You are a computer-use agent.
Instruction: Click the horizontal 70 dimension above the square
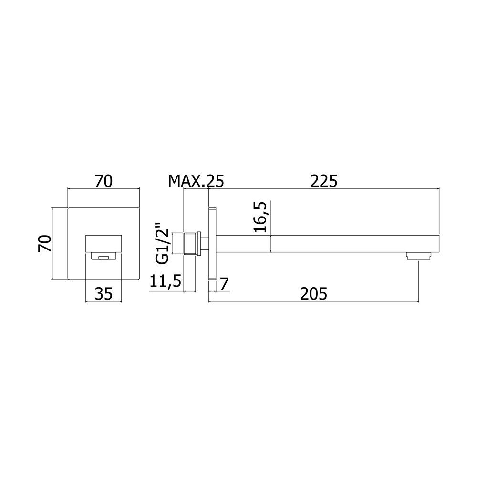coord(104,181)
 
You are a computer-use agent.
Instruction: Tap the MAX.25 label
coord(196,181)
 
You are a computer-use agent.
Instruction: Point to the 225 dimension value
coord(324,181)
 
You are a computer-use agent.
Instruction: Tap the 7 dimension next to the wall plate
coord(224,284)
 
